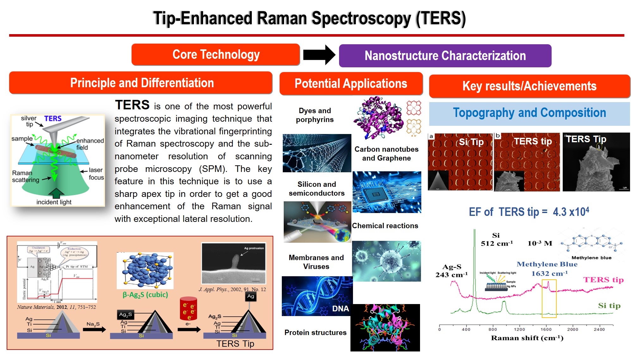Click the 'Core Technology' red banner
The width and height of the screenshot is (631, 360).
pos(216,55)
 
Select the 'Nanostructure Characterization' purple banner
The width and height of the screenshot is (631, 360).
pos(445,56)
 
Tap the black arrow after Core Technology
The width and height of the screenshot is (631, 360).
pos(319,55)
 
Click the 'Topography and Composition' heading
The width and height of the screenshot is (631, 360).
pos(529,113)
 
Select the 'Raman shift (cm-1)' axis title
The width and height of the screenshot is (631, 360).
pos(527,338)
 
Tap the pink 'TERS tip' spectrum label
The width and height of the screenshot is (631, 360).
pos(603,280)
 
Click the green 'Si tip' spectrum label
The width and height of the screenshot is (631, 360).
pos(609,306)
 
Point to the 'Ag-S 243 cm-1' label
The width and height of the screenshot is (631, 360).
pos(451,271)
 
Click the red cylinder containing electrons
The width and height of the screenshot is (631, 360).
pos(189,308)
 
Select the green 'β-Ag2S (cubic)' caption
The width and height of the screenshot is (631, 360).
pos(145,295)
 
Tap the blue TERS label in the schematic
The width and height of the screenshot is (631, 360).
pos(53,119)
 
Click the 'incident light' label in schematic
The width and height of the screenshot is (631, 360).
pos(54,202)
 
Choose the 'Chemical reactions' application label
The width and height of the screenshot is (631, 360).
pos(385,226)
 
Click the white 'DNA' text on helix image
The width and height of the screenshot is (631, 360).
pos(340,308)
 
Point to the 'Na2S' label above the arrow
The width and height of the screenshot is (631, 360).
pos(93,324)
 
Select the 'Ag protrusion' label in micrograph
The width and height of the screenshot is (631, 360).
pos(254,248)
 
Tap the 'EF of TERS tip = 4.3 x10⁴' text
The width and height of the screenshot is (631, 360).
pos(529,212)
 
